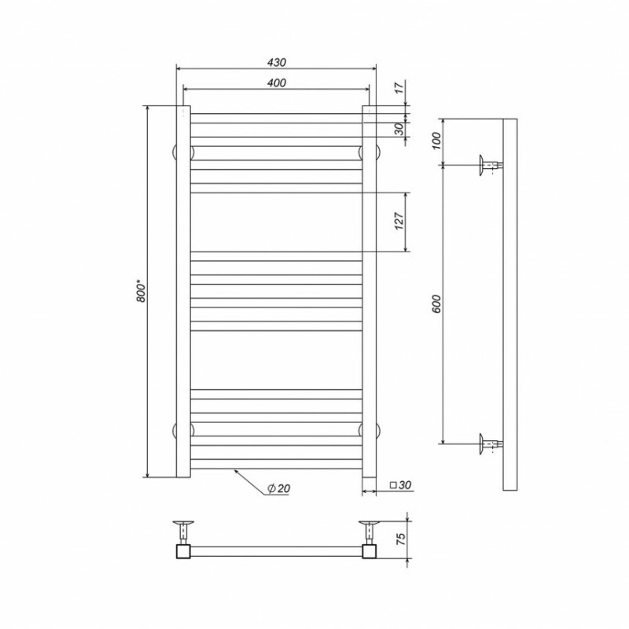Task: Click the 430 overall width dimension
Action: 277,63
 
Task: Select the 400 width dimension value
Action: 277,83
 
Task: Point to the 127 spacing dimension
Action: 399,221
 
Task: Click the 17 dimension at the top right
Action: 399,88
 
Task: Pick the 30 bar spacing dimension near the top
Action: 399,129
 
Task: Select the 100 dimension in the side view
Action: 436,141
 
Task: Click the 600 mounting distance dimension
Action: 436,304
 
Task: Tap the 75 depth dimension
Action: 400,539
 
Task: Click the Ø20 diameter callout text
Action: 278,488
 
